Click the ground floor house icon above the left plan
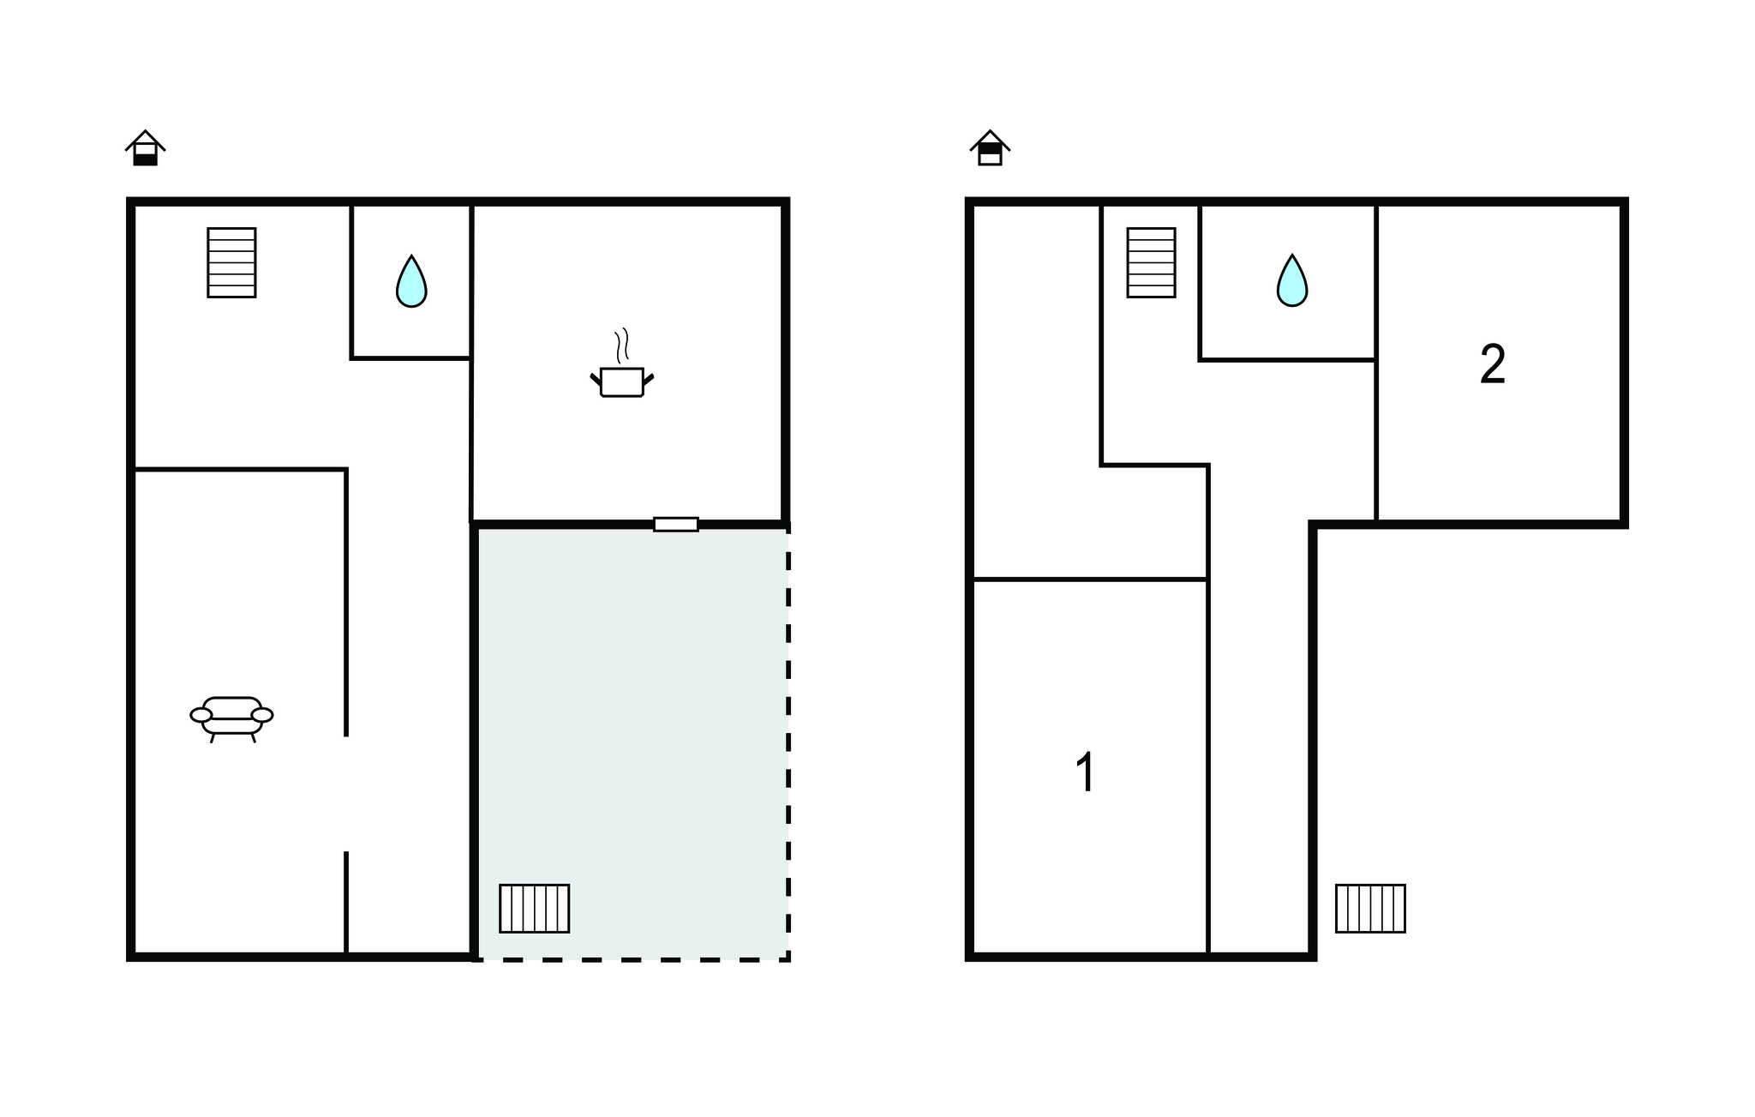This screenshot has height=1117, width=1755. (x=145, y=148)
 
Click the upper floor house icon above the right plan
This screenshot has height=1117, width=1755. (x=990, y=148)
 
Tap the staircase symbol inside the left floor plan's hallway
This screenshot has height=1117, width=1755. (x=231, y=262)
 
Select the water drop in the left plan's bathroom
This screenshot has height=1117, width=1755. (x=411, y=281)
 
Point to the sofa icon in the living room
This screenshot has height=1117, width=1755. (x=231, y=718)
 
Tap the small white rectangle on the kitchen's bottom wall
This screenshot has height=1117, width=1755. (x=676, y=524)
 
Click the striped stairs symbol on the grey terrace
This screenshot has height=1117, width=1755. (x=535, y=908)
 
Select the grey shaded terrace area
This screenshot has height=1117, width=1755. (x=632, y=742)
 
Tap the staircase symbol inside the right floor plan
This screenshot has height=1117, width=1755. (x=1151, y=262)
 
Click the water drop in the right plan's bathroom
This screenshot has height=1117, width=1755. (x=1292, y=280)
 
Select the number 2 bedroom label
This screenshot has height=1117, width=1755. (x=1493, y=364)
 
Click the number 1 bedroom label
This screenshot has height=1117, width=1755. (x=1086, y=772)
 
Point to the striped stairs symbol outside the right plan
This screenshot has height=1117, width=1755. (x=1370, y=908)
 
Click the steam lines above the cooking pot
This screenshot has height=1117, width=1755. (x=622, y=345)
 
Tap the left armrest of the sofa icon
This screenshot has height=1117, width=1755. (x=201, y=715)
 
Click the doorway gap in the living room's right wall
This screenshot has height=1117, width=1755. (x=346, y=794)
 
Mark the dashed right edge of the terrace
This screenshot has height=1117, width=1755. (x=788, y=742)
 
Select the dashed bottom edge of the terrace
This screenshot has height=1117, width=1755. (x=632, y=959)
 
